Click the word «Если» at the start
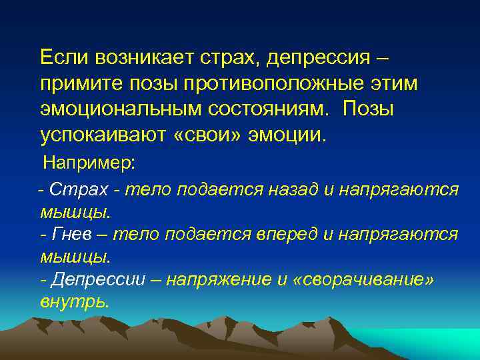[x=64, y=59]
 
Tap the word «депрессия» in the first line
[x=315, y=59]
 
